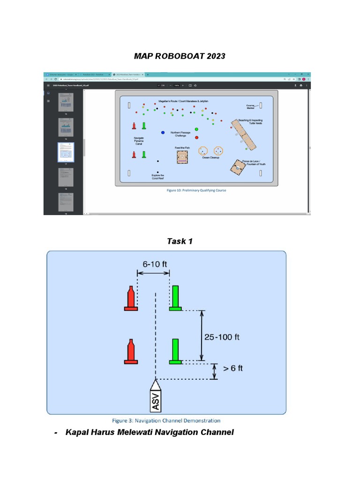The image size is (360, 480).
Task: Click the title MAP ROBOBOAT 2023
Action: point(180,56)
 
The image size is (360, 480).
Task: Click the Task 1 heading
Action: point(180,241)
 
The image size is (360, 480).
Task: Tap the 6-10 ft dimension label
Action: point(153,263)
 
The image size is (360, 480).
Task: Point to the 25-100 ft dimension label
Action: point(222,337)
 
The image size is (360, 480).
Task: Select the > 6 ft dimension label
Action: point(232,368)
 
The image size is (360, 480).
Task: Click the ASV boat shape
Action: point(156,396)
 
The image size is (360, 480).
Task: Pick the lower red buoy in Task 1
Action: point(131,352)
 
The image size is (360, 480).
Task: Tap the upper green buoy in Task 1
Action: point(175,298)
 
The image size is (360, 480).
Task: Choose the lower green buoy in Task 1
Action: point(175,352)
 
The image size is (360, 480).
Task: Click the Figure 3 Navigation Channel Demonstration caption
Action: point(166,420)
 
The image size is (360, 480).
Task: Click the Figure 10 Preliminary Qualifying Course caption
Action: point(196,190)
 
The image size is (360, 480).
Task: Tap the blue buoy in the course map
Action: point(163,133)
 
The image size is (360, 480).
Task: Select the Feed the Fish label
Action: point(182,148)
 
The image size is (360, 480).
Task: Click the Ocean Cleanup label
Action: point(210,157)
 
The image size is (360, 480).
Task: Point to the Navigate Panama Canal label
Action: point(139,141)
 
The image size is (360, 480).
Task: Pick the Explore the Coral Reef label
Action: point(158,177)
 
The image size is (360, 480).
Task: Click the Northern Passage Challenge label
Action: point(181,134)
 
